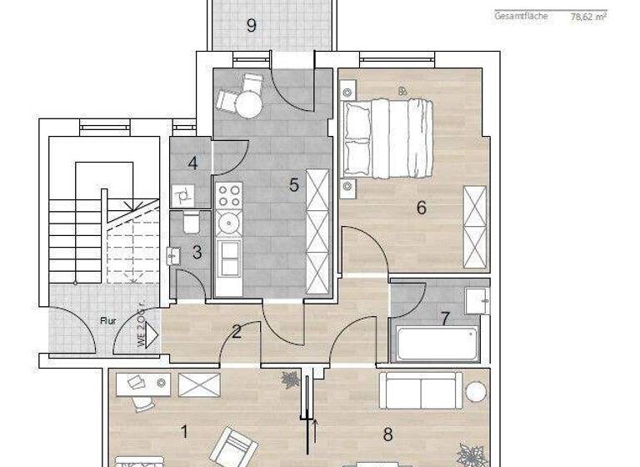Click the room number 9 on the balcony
[x=251, y=25]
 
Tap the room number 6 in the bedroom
[x=422, y=207]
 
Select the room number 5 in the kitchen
[x=294, y=185]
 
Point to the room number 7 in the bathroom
[x=446, y=318]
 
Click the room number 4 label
[x=192, y=163]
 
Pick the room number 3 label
[x=197, y=252]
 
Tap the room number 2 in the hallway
[x=237, y=332]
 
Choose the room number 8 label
[x=387, y=434]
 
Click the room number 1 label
[x=184, y=431]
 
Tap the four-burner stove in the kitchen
[x=229, y=196]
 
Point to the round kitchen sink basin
[x=227, y=223]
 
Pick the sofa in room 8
[x=421, y=389]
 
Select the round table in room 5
[x=247, y=103]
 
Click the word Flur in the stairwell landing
[x=107, y=319]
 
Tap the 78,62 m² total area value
[x=587, y=16]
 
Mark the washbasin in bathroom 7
[x=477, y=299]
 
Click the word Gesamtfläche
[x=522, y=16]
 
